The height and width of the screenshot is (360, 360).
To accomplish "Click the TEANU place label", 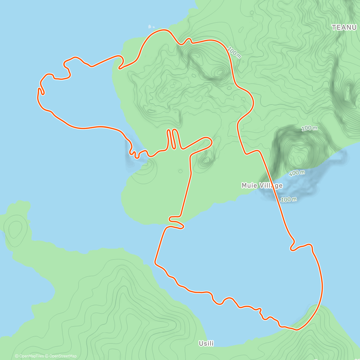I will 344,27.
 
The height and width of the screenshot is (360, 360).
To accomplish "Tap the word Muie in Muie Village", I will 249,186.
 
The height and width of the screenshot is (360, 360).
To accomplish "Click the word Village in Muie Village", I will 271,186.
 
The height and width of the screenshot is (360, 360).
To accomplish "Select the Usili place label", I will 206,343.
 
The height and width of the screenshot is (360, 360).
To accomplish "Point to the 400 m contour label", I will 297,173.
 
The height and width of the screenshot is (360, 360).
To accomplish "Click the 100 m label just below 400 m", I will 289,199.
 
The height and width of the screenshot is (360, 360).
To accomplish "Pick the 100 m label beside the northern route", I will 234,52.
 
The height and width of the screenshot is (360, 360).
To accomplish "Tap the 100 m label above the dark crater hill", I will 309,128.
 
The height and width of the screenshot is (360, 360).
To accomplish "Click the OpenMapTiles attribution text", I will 29,356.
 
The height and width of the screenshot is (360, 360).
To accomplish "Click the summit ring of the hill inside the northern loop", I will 220,72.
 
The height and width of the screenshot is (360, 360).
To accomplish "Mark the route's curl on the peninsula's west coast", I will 121,62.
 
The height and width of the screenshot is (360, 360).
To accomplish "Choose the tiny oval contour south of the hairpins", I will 180,171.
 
